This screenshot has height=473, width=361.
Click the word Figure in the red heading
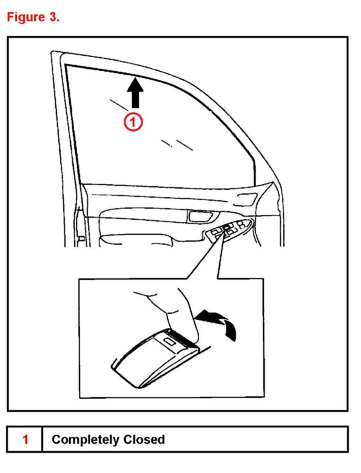pos(26,17)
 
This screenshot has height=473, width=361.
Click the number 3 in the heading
pos(53,17)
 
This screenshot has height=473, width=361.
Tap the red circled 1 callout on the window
pos(133,122)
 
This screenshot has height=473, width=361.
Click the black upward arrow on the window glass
pos(135,93)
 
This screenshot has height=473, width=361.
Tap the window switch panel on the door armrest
pos(228,230)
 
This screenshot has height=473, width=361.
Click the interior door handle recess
pos(200,217)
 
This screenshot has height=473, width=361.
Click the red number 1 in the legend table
pos(25,440)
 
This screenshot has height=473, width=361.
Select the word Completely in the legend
pos(85,440)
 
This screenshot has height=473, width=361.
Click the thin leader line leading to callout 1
pos(119,105)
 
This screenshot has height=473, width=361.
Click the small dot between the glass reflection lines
pos(172,146)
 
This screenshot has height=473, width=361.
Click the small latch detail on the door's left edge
pos(82,239)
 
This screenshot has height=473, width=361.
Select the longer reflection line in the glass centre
pos(184,145)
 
